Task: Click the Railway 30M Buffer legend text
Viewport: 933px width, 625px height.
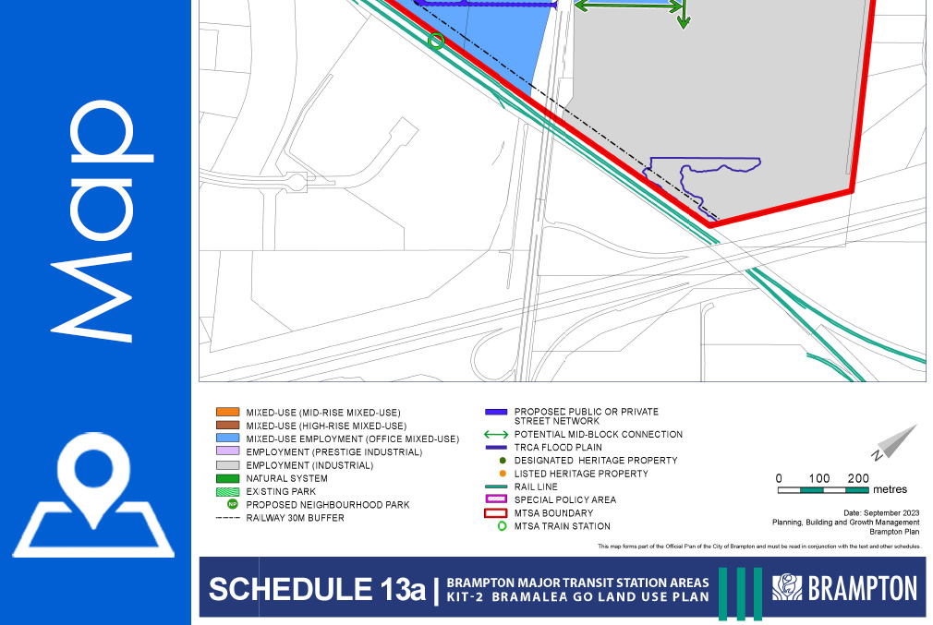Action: point(295,519)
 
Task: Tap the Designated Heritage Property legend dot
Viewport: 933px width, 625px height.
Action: point(503,460)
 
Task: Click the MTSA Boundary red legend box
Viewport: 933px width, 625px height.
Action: point(496,513)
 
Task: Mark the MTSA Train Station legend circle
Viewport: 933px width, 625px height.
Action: point(503,526)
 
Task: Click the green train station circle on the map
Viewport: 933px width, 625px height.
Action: point(437,41)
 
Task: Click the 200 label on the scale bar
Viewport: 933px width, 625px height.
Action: point(858,478)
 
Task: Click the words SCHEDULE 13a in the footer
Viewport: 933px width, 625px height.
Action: point(317,589)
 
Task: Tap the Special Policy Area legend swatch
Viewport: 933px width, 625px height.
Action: point(496,500)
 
